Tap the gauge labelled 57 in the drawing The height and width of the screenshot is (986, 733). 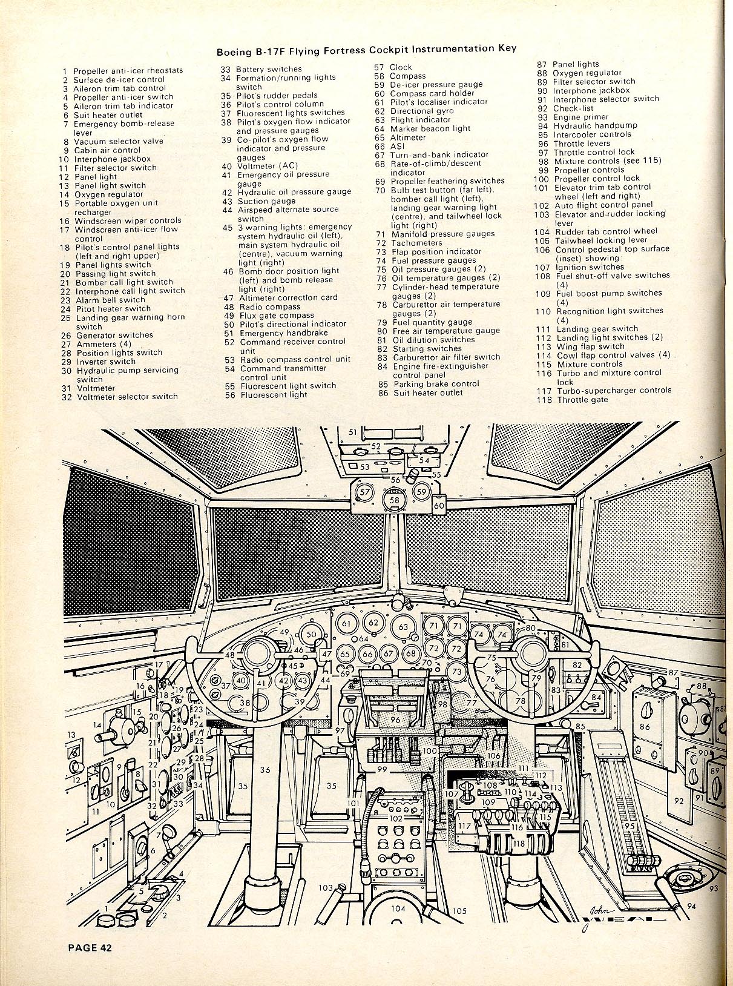365,492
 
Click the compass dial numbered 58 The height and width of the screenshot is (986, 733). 394,500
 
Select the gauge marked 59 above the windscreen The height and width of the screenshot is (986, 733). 422,492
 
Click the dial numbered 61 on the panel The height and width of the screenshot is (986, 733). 346,623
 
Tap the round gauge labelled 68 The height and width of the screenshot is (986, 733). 412,653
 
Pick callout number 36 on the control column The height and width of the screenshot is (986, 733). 265,770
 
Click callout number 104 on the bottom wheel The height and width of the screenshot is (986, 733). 398,908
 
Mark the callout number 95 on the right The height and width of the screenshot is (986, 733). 629,826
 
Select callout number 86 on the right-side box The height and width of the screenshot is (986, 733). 645,727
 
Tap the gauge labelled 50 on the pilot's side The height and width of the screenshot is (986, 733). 311,635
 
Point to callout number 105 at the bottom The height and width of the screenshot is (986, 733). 459,911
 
